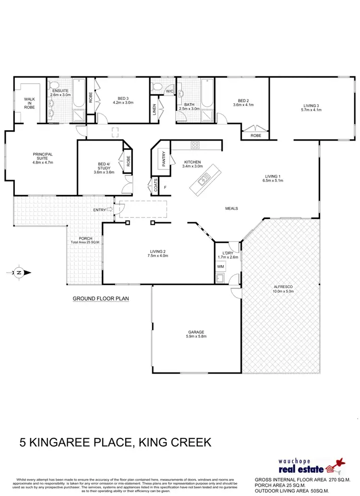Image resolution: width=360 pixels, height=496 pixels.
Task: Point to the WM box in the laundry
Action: point(221,266)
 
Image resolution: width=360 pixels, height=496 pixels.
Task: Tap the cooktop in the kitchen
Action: point(196,145)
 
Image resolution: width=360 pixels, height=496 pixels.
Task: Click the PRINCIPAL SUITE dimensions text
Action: point(42,163)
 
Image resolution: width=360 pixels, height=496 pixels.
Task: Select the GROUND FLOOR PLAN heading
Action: point(101,298)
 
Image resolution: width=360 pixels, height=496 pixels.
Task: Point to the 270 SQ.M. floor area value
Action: point(336,479)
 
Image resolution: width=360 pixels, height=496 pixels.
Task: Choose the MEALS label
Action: point(232,208)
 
